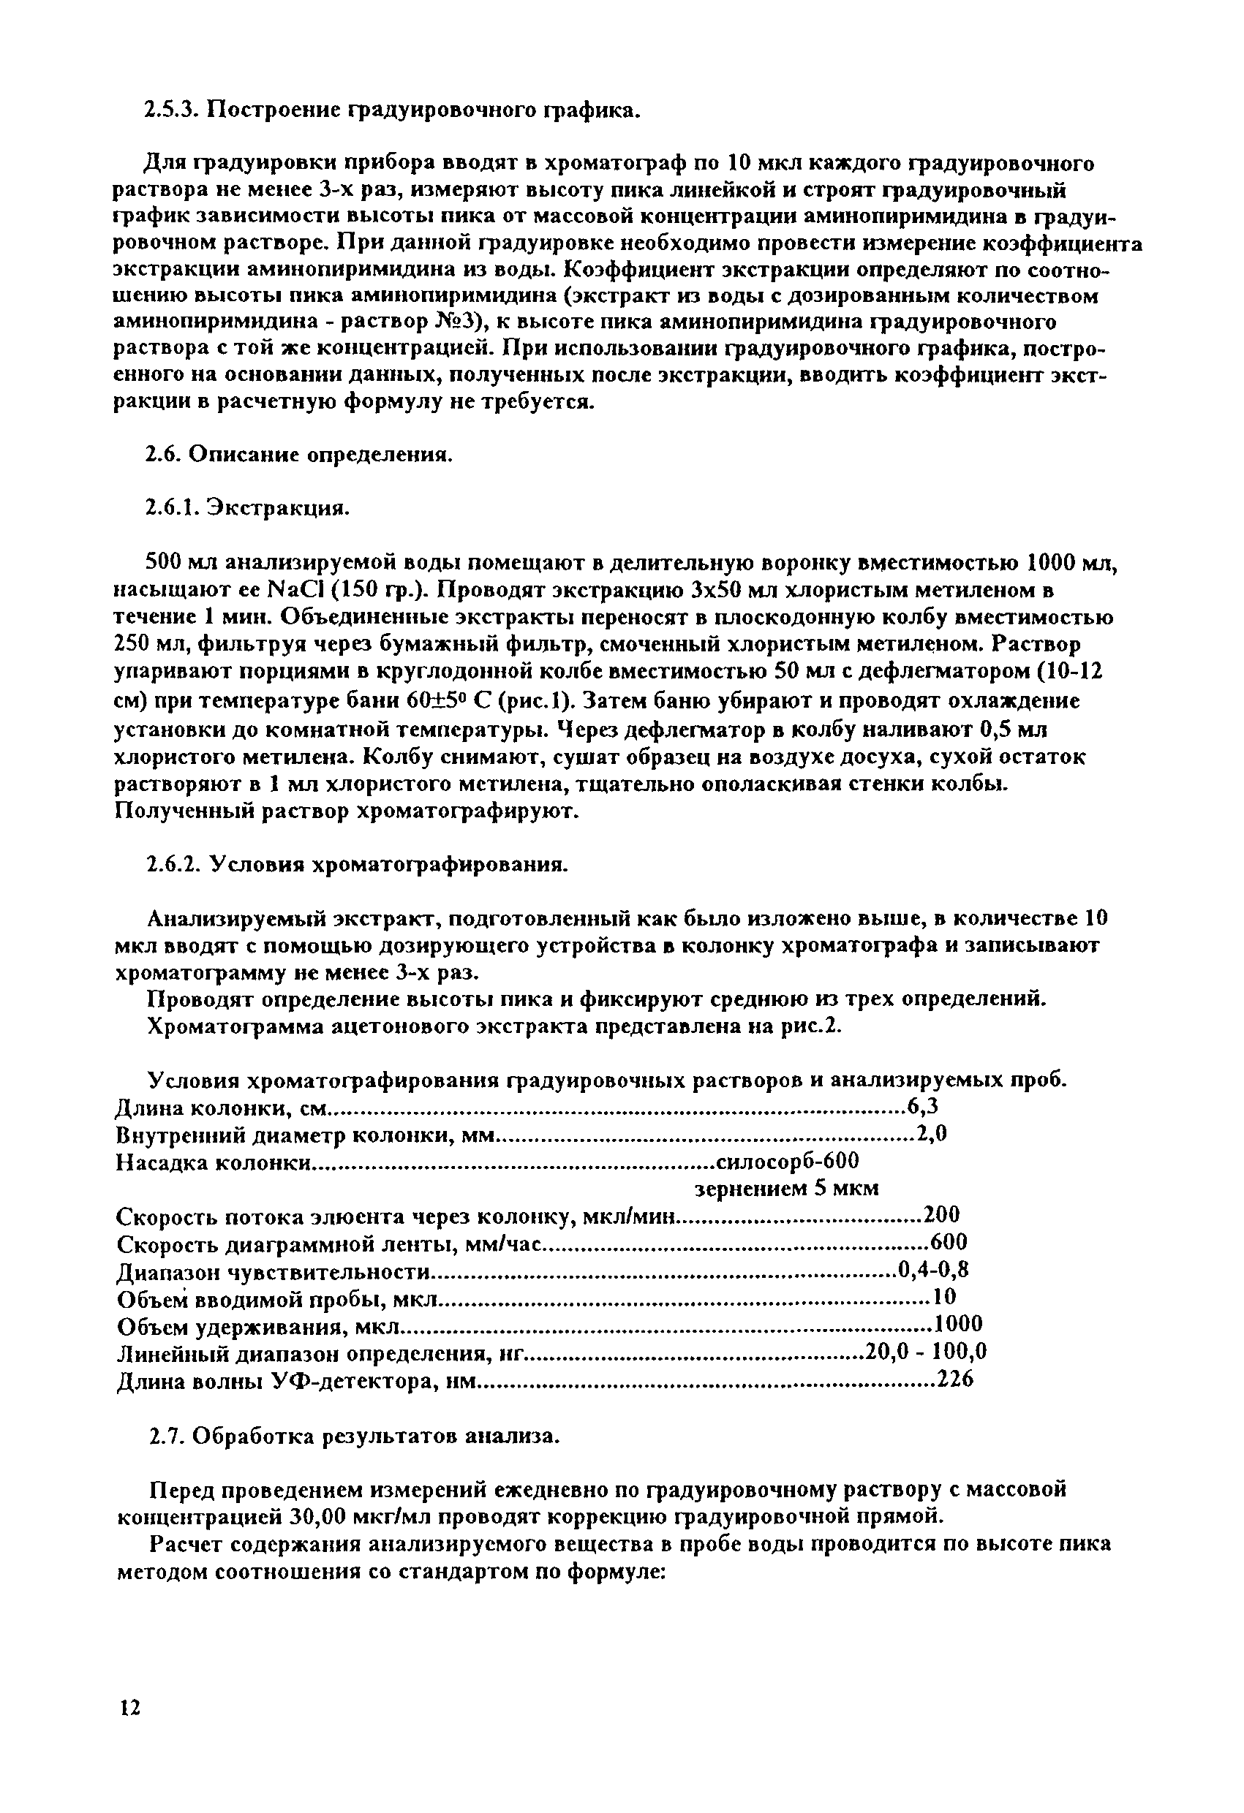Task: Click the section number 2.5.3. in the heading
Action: tap(173, 111)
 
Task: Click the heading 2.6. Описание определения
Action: tap(300, 455)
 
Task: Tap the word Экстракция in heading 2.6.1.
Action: tap(279, 509)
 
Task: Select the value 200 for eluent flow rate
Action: tap(940, 1216)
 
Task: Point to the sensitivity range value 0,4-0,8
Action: tap(933, 1270)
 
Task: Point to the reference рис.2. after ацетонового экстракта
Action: tap(814, 1026)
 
